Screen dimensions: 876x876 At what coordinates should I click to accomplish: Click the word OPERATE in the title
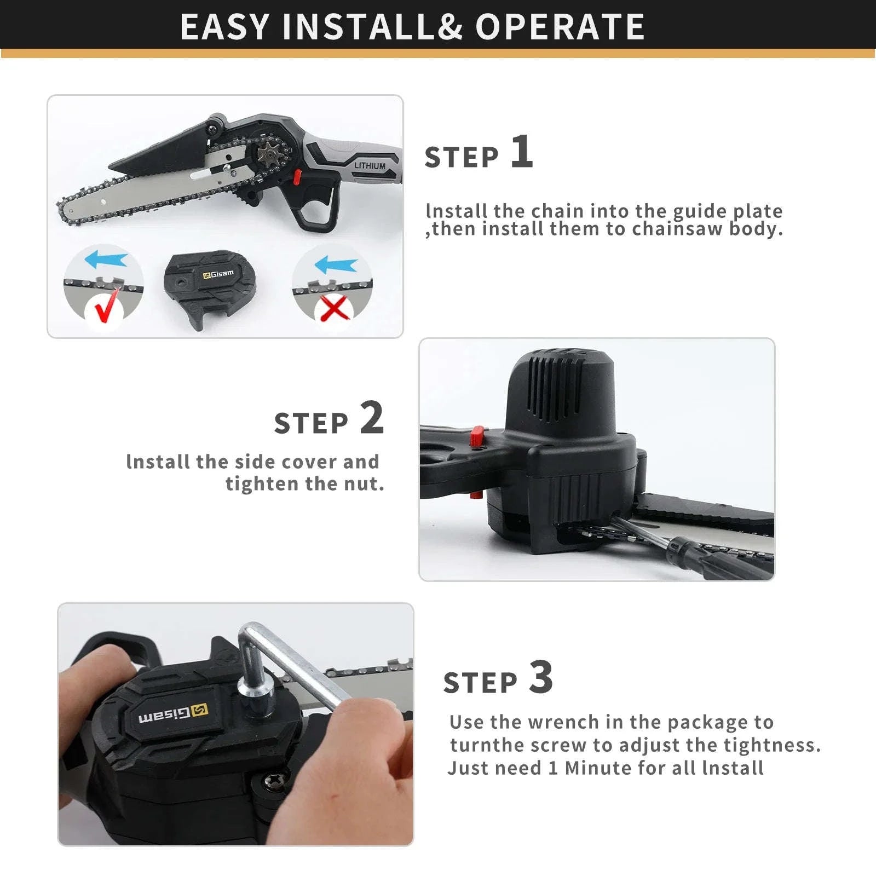[560, 26]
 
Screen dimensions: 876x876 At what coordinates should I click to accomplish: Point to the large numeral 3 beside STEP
[541, 677]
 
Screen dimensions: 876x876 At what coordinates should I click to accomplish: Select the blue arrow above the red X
[336, 266]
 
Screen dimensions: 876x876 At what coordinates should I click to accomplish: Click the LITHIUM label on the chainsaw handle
[370, 165]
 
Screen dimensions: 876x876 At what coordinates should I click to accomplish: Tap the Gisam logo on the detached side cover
[218, 274]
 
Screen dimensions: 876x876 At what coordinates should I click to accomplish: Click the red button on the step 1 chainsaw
[297, 176]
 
